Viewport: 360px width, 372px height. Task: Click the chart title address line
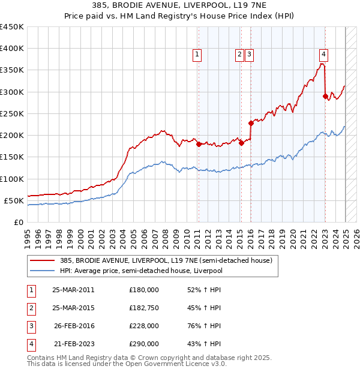pyautogui.click(x=180, y=6)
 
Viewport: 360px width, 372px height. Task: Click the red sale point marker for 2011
pyautogui.click(x=199, y=144)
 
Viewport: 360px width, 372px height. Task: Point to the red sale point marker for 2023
pyautogui.click(x=325, y=96)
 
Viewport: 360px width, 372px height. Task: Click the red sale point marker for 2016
pyautogui.click(x=251, y=123)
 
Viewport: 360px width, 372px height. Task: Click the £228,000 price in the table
pyautogui.click(x=144, y=326)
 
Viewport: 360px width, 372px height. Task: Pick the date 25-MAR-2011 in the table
pyautogui.click(x=73, y=290)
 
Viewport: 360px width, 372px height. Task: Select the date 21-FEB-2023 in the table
pyautogui.click(x=73, y=344)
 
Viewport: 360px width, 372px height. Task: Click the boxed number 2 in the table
pyautogui.click(x=31, y=308)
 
